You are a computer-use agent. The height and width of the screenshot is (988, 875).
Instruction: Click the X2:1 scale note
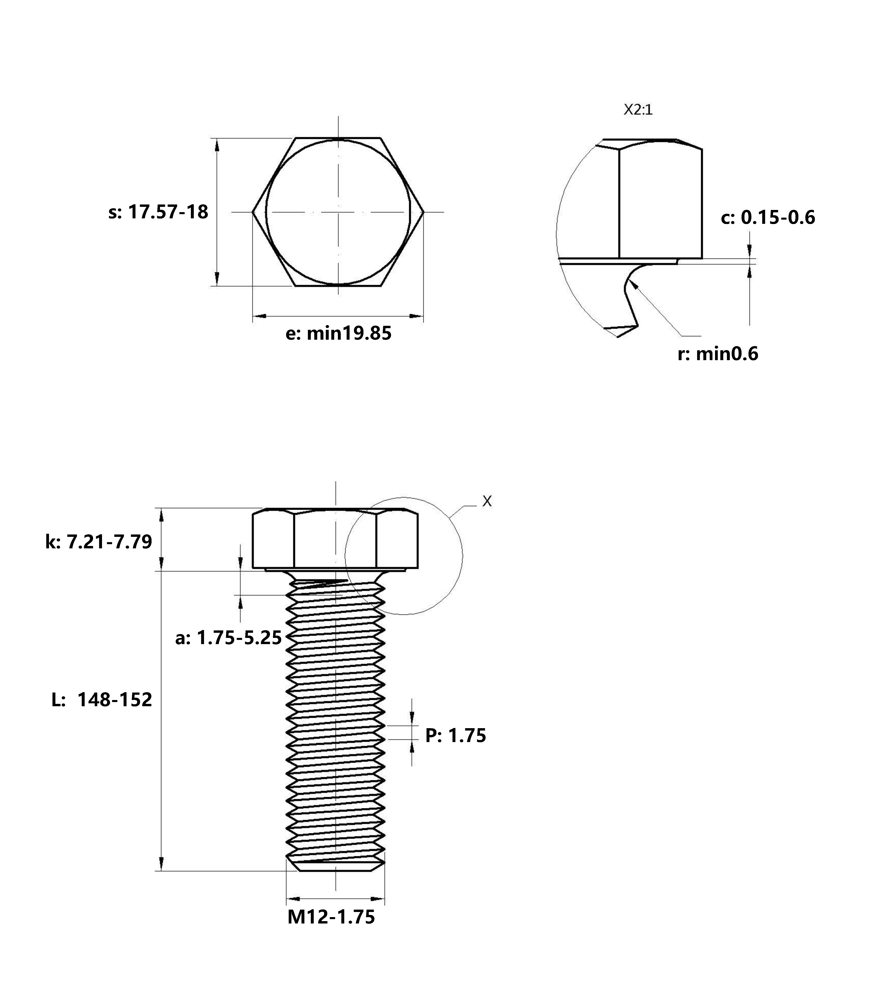point(638,110)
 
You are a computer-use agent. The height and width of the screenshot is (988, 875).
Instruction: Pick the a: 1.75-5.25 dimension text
point(228,638)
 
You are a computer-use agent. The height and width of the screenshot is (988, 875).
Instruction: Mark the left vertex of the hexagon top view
point(252,212)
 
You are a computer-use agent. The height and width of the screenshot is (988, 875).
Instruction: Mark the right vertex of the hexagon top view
point(424,212)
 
